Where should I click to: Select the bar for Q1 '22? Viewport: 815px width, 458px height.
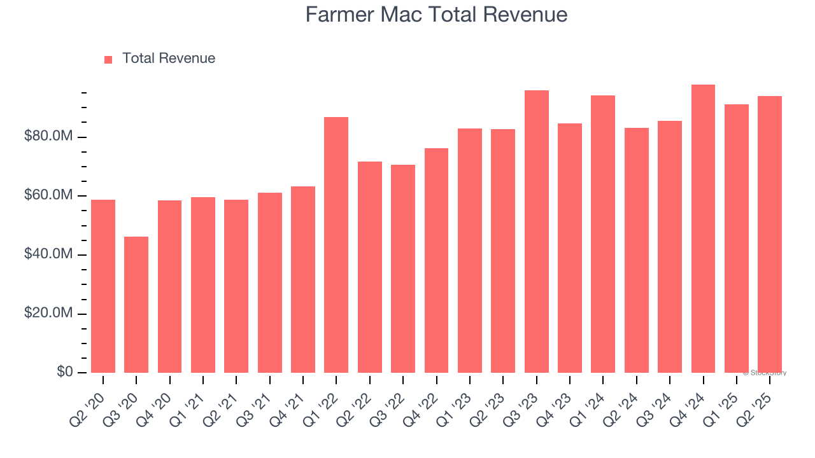point(336,244)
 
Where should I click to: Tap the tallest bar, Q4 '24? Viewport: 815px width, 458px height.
point(703,228)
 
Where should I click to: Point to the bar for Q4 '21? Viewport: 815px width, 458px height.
point(303,279)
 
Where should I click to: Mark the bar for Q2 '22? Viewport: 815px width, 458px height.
point(370,267)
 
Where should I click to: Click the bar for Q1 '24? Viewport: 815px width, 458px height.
point(603,233)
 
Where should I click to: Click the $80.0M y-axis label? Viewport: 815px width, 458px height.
point(48,137)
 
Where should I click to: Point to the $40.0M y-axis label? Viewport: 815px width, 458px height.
point(48,254)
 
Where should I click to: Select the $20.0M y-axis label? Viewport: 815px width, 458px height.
point(48,314)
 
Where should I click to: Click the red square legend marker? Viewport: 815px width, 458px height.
point(108,59)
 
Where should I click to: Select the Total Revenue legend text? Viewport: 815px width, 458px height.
point(169,59)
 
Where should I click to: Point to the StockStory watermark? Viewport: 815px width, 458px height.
point(765,373)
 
